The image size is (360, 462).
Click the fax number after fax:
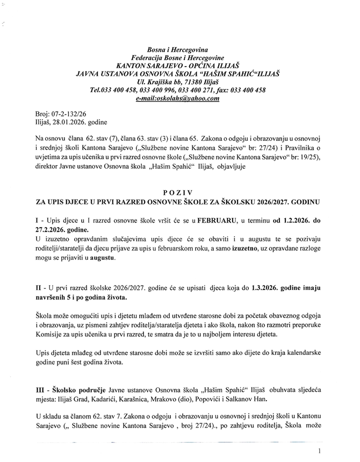[x=247, y=90]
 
